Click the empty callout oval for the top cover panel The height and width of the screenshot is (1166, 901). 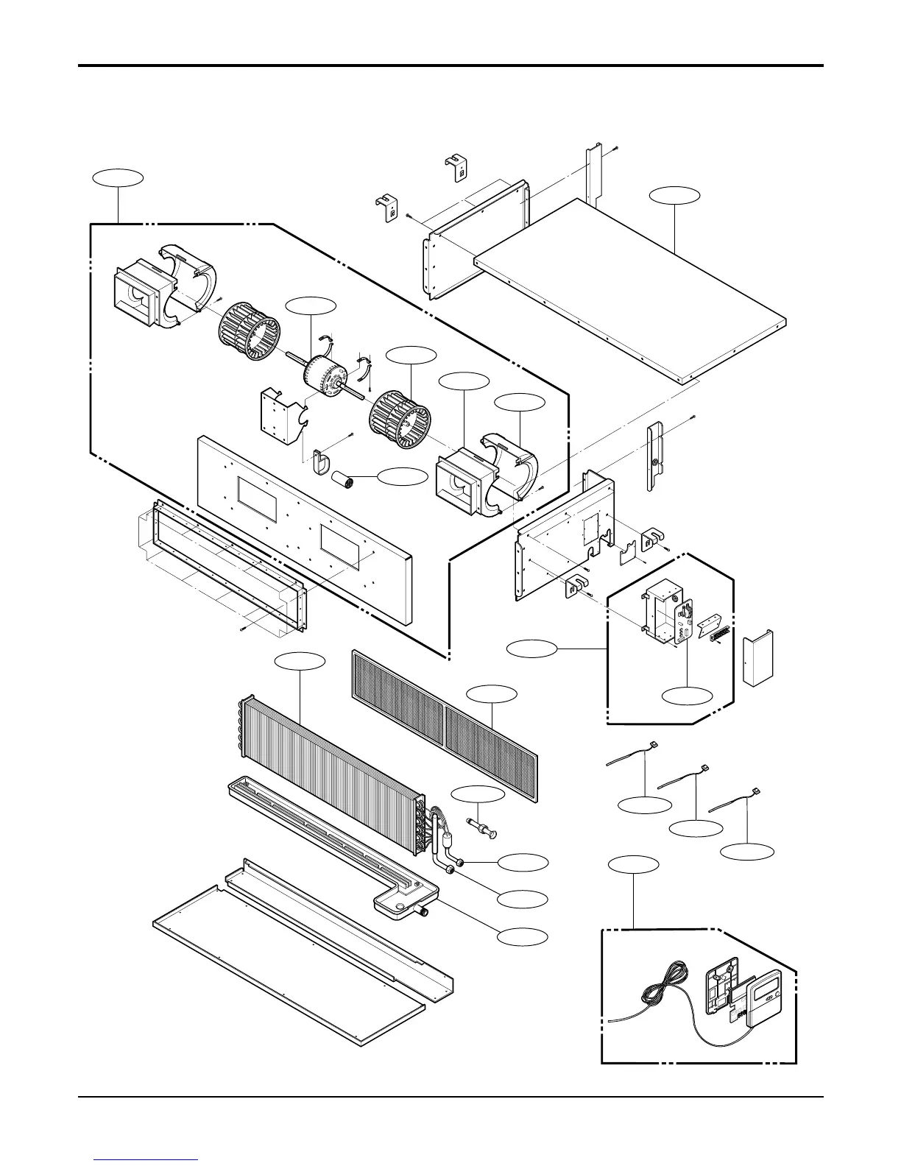point(674,195)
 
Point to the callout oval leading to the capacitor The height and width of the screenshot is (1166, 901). point(402,477)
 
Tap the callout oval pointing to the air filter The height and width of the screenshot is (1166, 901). point(492,693)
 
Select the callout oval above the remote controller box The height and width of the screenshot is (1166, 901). point(634,863)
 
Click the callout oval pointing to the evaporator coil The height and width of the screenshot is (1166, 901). point(300,661)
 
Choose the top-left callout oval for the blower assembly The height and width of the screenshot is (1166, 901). point(118,177)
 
